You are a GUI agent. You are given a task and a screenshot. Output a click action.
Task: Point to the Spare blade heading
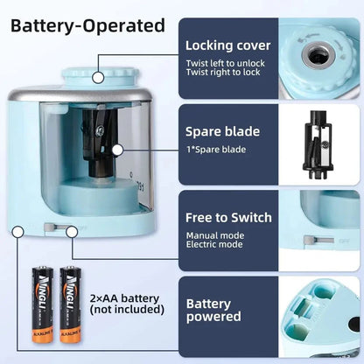221,132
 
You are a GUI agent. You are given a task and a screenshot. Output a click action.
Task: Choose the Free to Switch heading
228,217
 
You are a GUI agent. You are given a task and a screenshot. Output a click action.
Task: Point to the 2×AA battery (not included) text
127,302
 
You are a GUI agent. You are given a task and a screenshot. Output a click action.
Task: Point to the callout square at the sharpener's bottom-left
17,231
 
